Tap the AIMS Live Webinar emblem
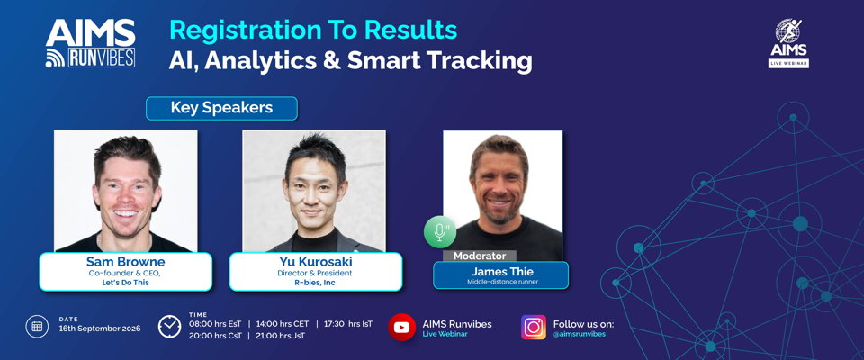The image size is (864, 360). click(x=788, y=43)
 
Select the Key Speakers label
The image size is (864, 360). click(x=221, y=108)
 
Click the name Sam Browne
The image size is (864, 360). click(x=126, y=261)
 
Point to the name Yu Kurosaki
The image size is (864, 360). click(x=315, y=262)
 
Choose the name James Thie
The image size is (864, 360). click(x=502, y=271)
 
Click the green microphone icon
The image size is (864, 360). click(x=440, y=232)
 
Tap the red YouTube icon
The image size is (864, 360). click(x=401, y=327)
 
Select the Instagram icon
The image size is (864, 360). click(x=534, y=327)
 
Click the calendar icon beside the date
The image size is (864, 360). click(x=37, y=327)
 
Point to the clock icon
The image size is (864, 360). click(x=170, y=327)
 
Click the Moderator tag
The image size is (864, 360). click(x=480, y=256)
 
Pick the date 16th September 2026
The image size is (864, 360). click(x=100, y=328)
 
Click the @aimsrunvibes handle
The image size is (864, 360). click(x=579, y=334)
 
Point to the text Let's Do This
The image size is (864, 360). click(x=126, y=283)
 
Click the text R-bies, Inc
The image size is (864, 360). click(x=314, y=283)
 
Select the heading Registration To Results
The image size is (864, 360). click(x=313, y=31)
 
